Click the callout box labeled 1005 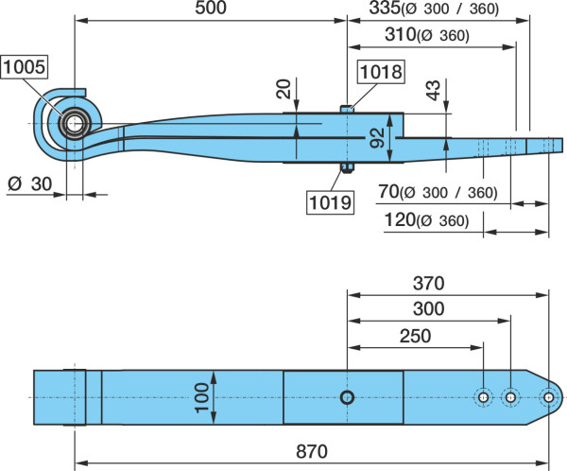pyautogui.click(x=25, y=67)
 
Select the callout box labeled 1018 pyautogui.click(x=381, y=72)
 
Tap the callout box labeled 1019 pyautogui.click(x=330, y=202)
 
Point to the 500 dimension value pyautogui.click(x=211, y=8)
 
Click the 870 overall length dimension pyautogui.click(x=312, y=451)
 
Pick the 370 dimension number pyautogui.click(x=428, y=284)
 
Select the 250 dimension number pyautogui.click(x=415, y=336)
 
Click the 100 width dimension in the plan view pyautogui.click(x=202, y=398)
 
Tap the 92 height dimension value pyautogui.click(x=377, y=138)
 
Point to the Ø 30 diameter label pyautogui.click(x=30, y=183)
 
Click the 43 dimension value pyautogui.click(x=433, y=90)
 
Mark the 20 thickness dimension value pyautogui.click(x=283, y=89)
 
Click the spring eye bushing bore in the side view pyautogui.click(x=75, y=124)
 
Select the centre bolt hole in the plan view pyautogui.click(x=347, y=397)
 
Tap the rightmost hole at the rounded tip pyautogui.click(x=548, y=397)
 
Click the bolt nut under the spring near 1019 pyautogui.click(x=347, y=167)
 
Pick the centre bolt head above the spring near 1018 pyautogui.click(x=347, y=109)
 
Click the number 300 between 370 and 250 pyautogui.click(x=428, y=309)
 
